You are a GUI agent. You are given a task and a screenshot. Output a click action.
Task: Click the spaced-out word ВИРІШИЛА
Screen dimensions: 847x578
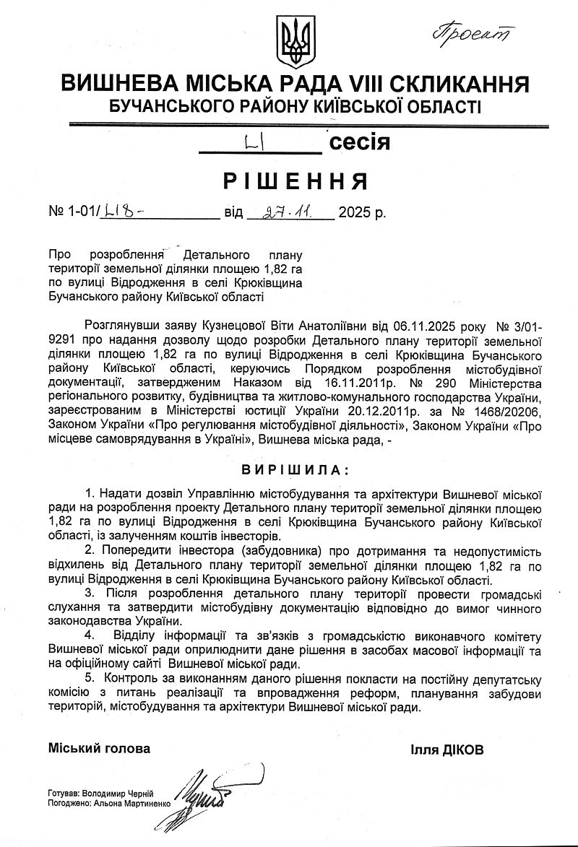pyautogui.click(x=289, y=469)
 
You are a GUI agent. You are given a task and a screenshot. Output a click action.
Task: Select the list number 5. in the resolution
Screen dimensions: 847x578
pyautogui.click(x=90, y=679)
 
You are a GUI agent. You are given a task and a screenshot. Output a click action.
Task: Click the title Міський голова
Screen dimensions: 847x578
pyautogui.click(x=100, y=749)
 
